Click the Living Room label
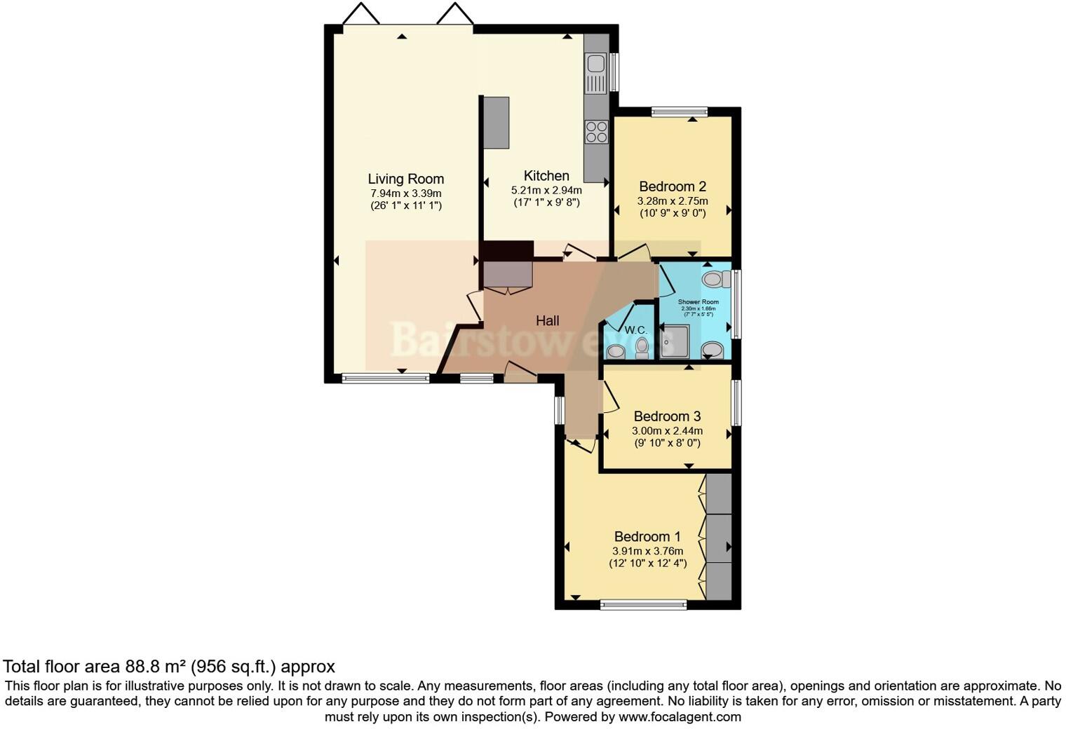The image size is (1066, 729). pos(405,179)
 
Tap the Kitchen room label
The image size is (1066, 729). pos(546,176)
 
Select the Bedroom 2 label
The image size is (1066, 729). pos(672,186)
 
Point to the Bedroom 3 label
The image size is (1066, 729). pos(667,416)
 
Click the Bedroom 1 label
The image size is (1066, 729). pos(647,537)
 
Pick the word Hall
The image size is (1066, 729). pos(547,320)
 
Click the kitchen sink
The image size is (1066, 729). pos(596,64)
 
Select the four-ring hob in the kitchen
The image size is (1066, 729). pos(596,132)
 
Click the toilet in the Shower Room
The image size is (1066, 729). pos(713,279)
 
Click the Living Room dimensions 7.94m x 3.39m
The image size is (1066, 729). pos(405,193)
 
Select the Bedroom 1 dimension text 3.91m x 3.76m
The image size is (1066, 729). pos(647,551)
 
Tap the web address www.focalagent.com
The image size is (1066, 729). pos(680,716)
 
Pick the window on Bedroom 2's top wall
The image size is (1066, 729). pos(678,111)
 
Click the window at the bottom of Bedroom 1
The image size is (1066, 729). pos(643,605)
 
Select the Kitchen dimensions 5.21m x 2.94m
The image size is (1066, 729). pos(546,190)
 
